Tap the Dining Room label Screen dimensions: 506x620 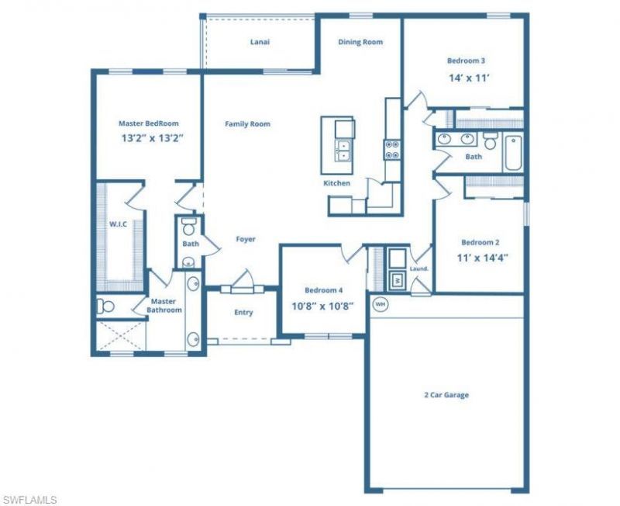click(x=360, y=42)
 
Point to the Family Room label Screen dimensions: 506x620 click(x=247, y=123)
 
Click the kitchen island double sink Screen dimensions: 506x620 click(x=342, y=151)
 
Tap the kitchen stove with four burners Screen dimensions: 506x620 click(x=392, y=149)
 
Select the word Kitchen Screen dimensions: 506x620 click(x=337, y=183)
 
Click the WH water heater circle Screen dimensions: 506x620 click(x=380, y=304)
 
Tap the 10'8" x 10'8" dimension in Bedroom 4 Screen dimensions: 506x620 click(x=322, y=305)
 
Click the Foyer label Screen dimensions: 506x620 click(x=246, y=239)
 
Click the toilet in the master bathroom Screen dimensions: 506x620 click(x=105, y=307)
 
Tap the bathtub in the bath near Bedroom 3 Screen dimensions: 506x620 click(x=512, y=153)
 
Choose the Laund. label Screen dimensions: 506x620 click(x=419, y=269)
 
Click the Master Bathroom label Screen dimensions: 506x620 click(x=164, y=306)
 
